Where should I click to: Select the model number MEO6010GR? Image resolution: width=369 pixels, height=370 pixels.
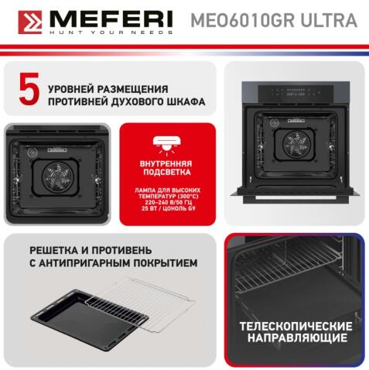tap(235, 21)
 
